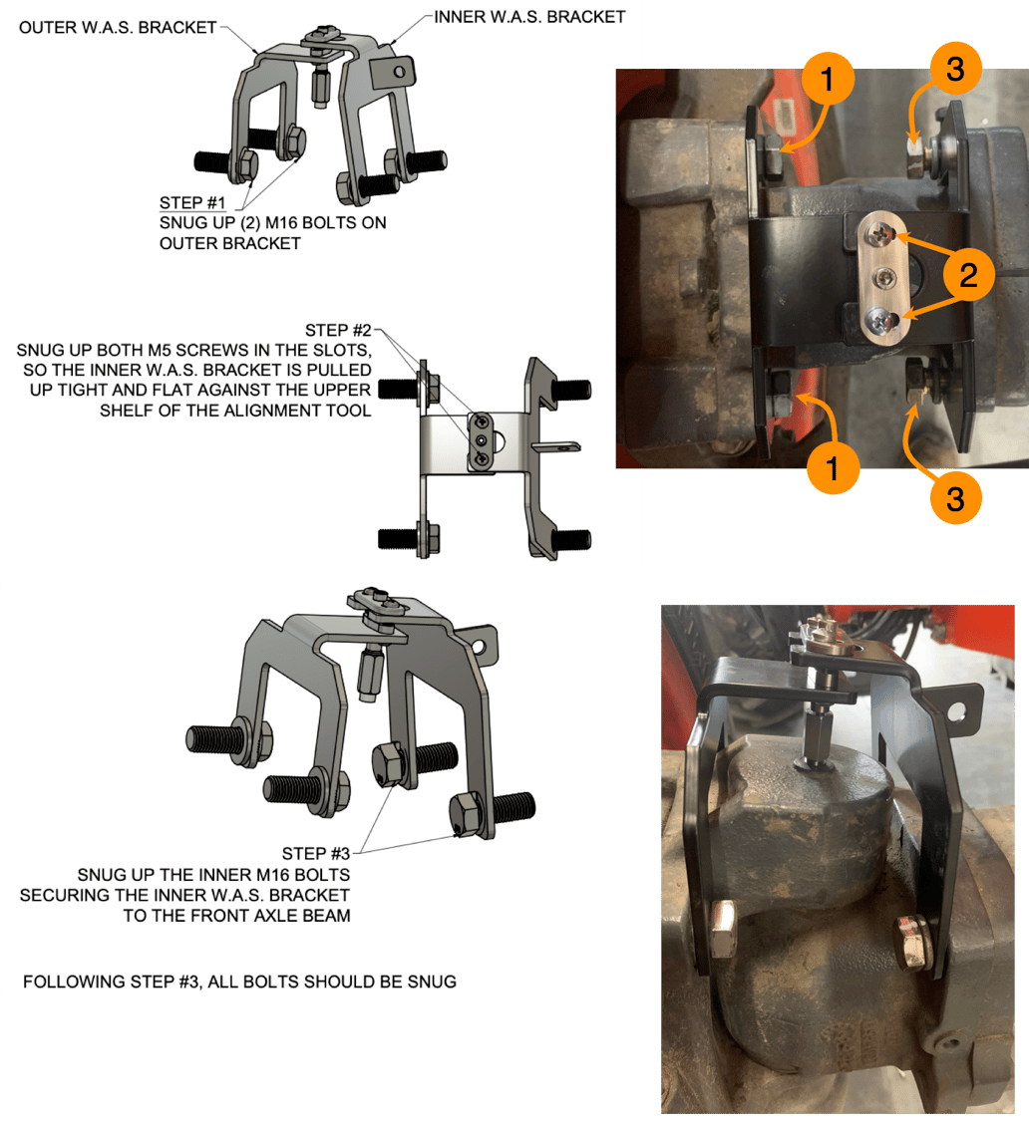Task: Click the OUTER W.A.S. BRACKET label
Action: click(118, 28)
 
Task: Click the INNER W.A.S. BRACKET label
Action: click(529, 17)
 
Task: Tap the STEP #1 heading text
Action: click(191, 202)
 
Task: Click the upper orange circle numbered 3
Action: click(954, 69)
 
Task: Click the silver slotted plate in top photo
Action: click(883, 280)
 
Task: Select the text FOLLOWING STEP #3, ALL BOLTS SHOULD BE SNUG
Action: click(239, 982)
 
